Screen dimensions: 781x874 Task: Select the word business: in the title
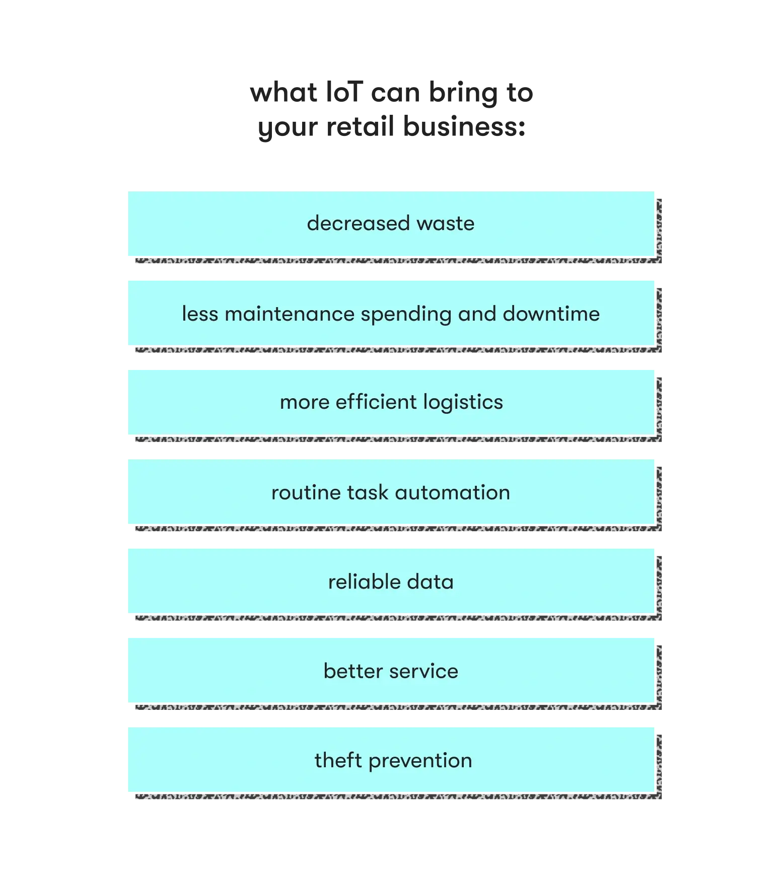coord(464,126)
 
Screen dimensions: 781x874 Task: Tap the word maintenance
coord(290,314)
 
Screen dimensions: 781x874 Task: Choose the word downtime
coord(551,314)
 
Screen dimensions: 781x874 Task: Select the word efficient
coord(376,402)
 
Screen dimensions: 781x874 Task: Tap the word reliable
coord(365,581)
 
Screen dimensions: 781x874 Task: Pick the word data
coord(431,581)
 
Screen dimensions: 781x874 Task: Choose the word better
coord(353,671)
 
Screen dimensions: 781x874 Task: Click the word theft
coord(338,760)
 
